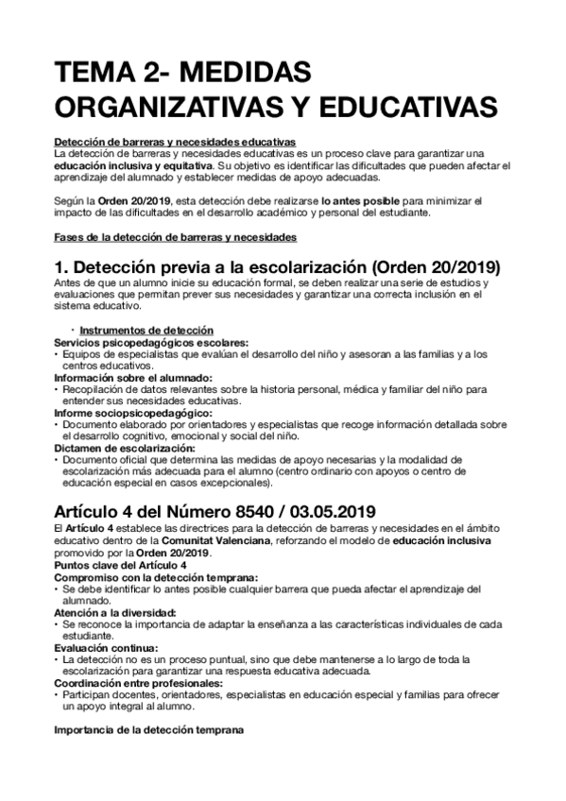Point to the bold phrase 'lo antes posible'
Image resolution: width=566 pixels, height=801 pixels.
[364, 200]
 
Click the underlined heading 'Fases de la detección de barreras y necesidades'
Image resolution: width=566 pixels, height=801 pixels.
[175, 235]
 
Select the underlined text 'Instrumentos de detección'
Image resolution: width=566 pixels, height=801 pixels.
[131, 330]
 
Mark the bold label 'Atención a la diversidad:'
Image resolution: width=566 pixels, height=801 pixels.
[106, 612]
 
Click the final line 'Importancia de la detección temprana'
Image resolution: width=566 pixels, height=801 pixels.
[148, 730]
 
